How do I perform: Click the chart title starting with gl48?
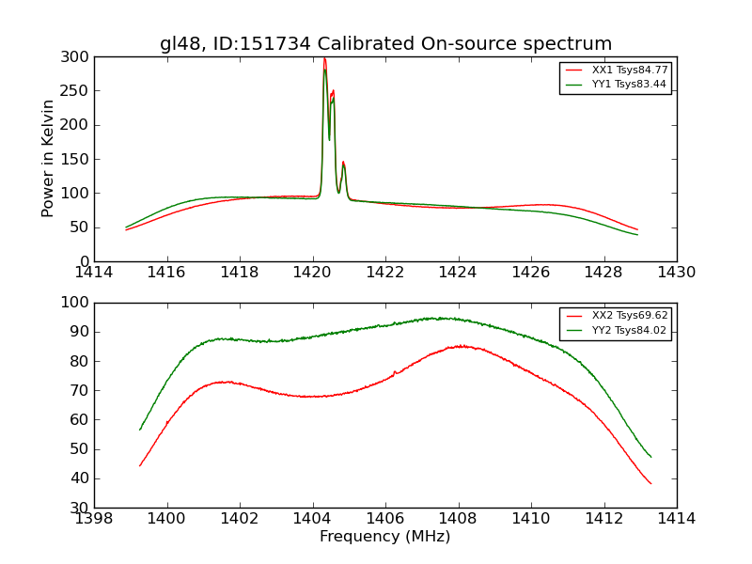click(385, 44)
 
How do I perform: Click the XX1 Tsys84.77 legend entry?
click(629, 70)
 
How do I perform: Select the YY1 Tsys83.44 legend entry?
click(629, 85)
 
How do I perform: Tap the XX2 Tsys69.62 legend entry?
click(629, 316)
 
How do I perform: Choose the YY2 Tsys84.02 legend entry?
click(629, 330)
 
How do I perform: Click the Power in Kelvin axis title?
click(49, 158)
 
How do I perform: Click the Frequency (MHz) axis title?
click(385, 537)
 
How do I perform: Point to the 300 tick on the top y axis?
click(77, 57)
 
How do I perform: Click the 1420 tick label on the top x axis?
click(313, 273)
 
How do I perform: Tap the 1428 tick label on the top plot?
click(603, 273)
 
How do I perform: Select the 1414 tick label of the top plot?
click(95, 273)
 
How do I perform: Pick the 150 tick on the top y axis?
click(77, 159)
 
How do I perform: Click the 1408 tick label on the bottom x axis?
click(459, 519)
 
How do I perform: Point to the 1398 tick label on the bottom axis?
click(95, 519)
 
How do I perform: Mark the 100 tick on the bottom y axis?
click(77, 303)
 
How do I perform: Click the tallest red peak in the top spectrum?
click(324, 59)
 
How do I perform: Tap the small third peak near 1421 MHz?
click(343, 163)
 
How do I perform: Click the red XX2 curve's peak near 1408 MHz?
click(460, 346)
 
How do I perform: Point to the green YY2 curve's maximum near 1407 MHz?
click(434, 318)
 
